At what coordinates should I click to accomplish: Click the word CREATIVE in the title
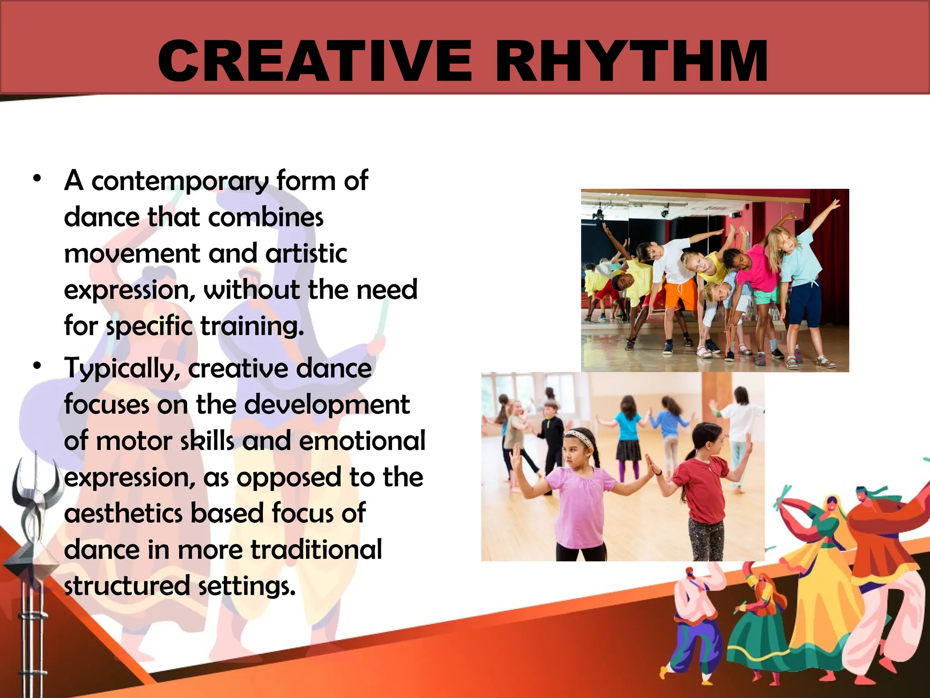coord(315,61)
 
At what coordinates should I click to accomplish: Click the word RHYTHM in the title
coord(631,61)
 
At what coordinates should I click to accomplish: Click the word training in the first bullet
coord(252,326)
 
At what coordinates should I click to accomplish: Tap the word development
coord(327,404)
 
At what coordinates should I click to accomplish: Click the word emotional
coord(362,441)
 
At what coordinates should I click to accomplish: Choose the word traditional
coord(316,550)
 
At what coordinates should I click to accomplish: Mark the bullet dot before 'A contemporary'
coord(37,178)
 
